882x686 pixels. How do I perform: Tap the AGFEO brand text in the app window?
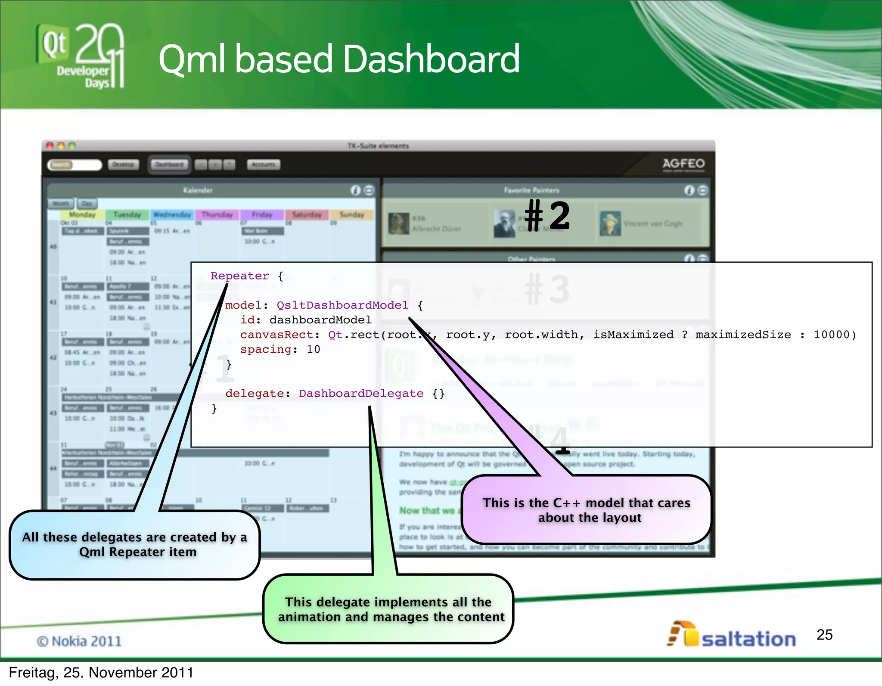[683, 164]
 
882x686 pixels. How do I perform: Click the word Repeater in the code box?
[239, 276]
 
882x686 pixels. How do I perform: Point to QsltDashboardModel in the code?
[342, 305]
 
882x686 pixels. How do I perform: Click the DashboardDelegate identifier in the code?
[361, 394]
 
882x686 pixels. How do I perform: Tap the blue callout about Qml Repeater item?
[135, 545]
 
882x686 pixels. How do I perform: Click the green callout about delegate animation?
[388, 609]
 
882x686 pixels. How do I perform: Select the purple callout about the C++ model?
[586, 510]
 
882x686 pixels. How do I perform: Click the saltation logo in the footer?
[732, 636]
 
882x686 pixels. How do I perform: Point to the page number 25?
[824, 635]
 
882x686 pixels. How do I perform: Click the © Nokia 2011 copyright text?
[79, 641]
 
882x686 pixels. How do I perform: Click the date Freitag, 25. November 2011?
[101, 673]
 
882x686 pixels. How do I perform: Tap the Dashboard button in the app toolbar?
[169, 165]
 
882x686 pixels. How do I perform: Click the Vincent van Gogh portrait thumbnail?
[610, 223]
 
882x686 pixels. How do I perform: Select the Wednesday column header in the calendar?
[172, 214]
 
